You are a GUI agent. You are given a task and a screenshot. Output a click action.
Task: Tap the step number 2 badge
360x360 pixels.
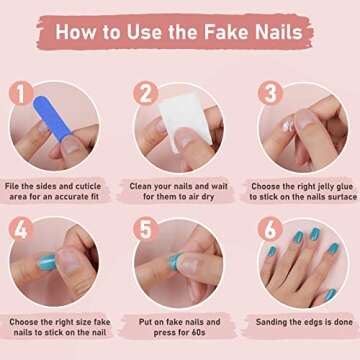tap(146, 93)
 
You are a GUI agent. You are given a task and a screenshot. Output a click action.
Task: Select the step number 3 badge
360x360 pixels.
tap(268, 93)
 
